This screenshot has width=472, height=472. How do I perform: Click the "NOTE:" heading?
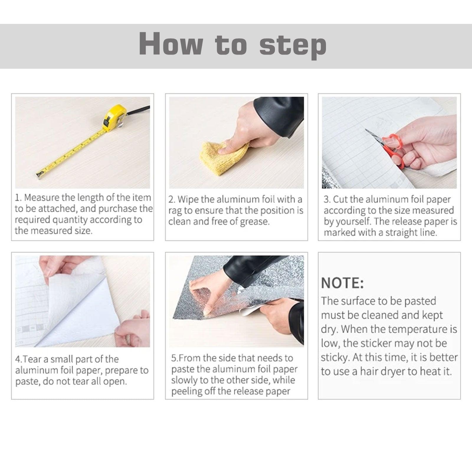[x=342, y=283]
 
